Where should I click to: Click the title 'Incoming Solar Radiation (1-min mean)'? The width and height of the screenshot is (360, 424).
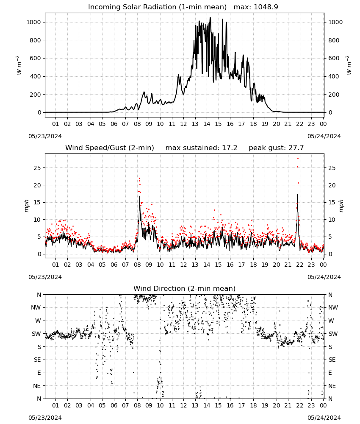click(157, 7)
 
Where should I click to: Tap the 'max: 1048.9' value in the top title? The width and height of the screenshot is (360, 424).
click(256, 7)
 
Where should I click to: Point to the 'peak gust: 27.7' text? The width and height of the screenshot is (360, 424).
click(276, 148)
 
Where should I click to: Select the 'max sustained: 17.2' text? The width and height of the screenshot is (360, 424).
click(201, 148)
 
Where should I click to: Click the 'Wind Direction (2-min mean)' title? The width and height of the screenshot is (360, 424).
click(185, 288)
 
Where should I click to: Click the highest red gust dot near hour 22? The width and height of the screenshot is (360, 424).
click(298, 158)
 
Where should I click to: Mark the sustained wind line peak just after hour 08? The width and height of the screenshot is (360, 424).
click(140, 196)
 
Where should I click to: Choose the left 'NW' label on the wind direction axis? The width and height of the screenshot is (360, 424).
click(36, 308)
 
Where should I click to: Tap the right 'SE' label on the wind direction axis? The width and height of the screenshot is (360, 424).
click(332, 360)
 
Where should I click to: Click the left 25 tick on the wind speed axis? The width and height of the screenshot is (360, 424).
click(37, 168)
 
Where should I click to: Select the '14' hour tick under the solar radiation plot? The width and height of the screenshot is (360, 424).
click(207, 124)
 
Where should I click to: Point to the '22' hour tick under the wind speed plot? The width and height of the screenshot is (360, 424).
click(299, 265)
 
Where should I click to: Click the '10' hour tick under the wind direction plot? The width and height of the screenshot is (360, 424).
click(160, 405)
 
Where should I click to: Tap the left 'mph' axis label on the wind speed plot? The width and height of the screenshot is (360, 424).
click(26, 206)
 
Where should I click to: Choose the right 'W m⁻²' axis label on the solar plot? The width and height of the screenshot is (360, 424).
click(349, 65)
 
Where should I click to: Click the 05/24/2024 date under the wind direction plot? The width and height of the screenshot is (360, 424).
click(324, 418)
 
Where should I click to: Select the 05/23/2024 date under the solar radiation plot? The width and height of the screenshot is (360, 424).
click(45, 136)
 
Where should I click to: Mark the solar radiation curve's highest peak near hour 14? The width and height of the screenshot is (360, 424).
click(210, 18)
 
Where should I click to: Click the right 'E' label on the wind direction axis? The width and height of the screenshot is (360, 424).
click(330, 373)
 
